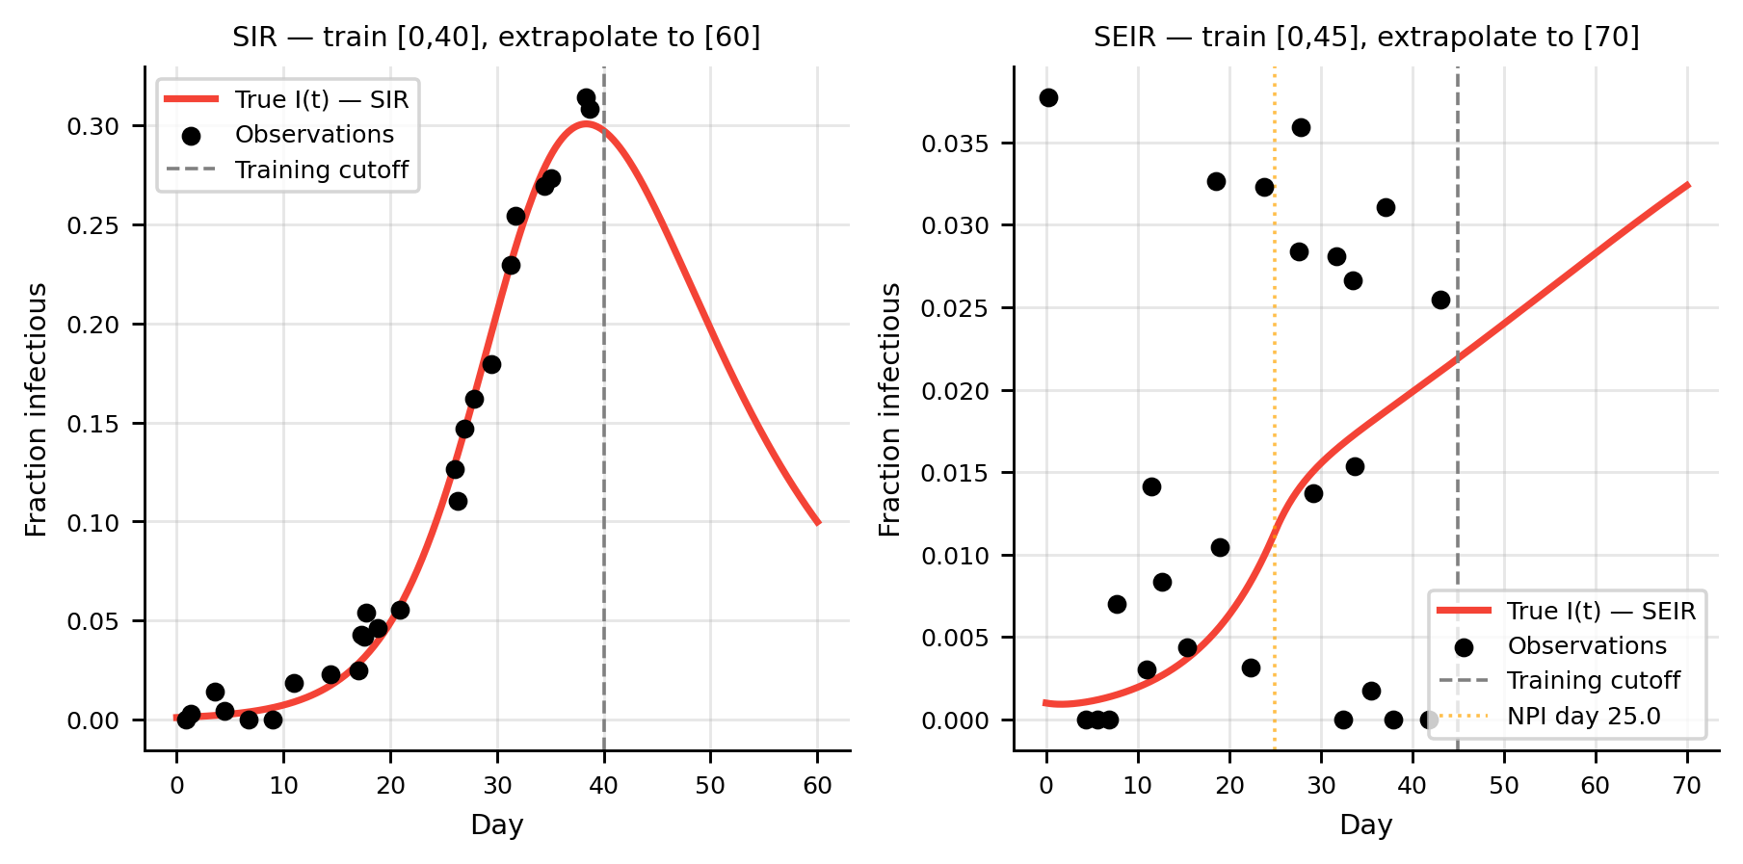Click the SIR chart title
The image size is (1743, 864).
coord(496,38)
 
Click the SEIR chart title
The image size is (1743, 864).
coord(1365,38)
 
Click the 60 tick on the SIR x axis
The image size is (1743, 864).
coord(817,785)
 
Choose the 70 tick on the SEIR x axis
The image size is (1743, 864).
coord(1687,785)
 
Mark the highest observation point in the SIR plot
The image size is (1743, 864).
coord(586,97)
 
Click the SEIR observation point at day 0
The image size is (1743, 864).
coord(1048,97)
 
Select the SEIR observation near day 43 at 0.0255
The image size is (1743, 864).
coord(1440,300)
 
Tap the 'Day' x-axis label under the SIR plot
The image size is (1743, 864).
coord(496,825)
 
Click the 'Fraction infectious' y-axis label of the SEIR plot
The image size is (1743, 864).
coord(890,409)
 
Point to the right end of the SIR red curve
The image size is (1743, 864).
coord(818,523)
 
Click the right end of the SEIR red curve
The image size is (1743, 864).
coord(1688,184)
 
